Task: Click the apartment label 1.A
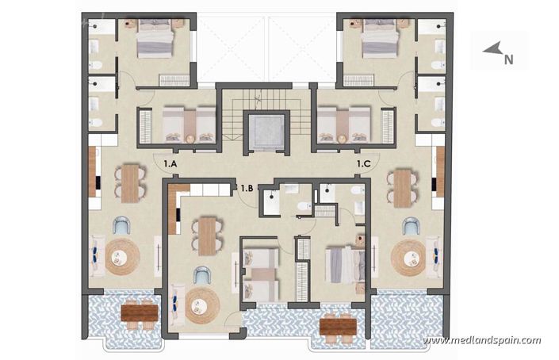pos(170,163)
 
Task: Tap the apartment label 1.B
pos(247,188)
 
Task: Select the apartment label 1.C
pos(364,163)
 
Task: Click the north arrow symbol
pos(492,51)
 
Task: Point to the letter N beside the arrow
pos(510,58)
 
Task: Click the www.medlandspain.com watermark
pos(481,341)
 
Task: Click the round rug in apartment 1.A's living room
pos(122,256)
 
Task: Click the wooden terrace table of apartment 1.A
pos(140,312)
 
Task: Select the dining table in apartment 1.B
pos(207,236)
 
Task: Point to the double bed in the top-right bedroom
pos(380,40)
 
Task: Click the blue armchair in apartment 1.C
pos(411,227)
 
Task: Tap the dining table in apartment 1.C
pos(403,187)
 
